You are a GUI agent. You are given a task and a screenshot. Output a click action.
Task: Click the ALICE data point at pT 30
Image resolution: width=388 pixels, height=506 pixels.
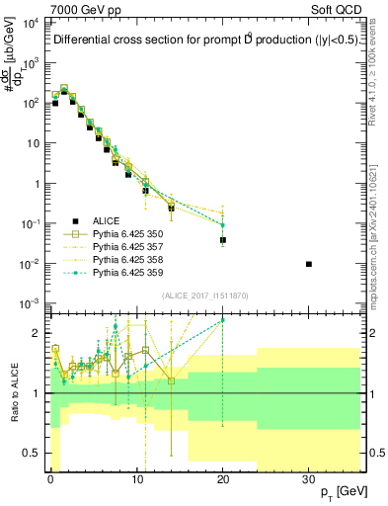click(309, 264)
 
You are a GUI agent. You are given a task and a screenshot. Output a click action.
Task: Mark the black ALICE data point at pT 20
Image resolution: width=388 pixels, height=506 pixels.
click(223, 240)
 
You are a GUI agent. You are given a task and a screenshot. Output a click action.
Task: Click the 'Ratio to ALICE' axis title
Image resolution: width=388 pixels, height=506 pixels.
click(14, 392)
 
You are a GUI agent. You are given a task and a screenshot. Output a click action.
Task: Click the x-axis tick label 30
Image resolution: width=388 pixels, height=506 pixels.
click(309, 477)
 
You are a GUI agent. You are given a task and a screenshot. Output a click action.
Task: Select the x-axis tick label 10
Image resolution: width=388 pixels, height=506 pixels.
click(136, 477)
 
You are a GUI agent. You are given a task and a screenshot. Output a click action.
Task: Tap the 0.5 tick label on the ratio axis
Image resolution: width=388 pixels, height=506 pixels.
click(33, 454)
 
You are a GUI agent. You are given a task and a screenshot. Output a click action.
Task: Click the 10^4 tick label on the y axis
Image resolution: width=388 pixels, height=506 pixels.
click(30, 23)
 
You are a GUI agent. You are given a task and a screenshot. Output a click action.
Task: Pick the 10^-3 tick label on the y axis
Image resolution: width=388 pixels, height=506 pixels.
click(30, 303)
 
